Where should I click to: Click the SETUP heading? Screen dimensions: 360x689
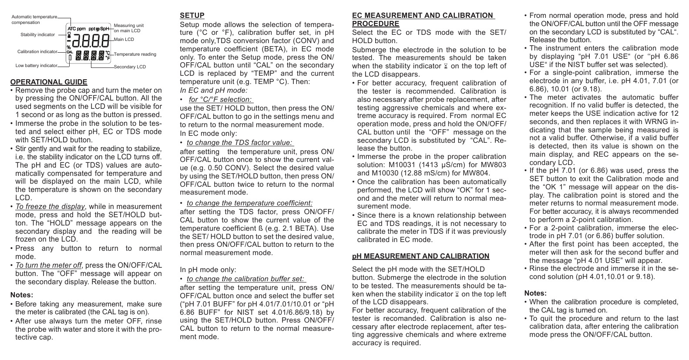coord(192,16)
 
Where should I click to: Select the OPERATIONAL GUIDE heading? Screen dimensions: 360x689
coord(49,82)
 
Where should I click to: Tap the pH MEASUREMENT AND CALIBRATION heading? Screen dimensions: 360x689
coord(420,256)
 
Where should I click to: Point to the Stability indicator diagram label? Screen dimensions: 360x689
coord(38,34)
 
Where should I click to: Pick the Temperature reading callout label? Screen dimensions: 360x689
coord(135,54)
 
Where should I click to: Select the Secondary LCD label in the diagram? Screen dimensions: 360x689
coord(130,67)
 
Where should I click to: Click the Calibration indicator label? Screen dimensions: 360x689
coord(37,51)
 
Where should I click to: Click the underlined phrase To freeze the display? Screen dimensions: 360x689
coord(50,206)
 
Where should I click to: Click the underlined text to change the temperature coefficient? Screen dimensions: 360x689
coord(249,203)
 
